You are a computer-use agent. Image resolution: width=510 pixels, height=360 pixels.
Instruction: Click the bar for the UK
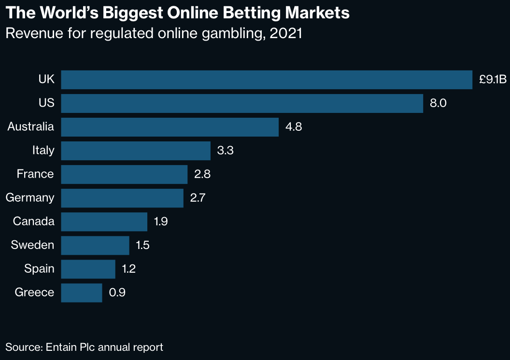(x=267, y=80)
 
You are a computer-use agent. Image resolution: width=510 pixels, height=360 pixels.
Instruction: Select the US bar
(x=242, y=103)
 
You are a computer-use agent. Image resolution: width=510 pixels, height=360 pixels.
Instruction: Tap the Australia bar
(x=170, y=127)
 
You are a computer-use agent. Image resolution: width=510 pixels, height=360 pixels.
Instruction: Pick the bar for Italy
(x=136, y=151)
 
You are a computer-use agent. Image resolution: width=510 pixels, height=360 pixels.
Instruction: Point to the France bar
(x=124, y=174)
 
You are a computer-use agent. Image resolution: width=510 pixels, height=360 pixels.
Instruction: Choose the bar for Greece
(x=82, y=292)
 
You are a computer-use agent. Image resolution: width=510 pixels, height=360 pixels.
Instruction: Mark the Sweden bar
(x=95, y=245)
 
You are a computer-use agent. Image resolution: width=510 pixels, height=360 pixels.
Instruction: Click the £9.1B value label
(x=492, y=80)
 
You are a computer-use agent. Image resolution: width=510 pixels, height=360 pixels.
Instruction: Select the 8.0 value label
(x=438, y=104)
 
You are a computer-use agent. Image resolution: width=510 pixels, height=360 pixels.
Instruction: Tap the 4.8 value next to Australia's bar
(x=294, y=127)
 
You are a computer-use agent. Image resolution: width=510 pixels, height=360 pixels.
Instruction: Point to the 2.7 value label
(x=198, y=198)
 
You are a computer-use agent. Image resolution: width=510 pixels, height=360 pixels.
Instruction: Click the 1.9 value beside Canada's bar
(x=161, y=222)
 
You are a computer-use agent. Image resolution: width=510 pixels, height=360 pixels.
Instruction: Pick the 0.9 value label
(x=117, y=292)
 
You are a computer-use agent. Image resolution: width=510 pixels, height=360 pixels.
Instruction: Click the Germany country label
(x=30, y=198)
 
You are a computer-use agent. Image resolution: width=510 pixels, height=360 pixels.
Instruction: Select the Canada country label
(x=34, y=222)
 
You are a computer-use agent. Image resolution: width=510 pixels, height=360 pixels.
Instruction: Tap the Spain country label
(x=39, y=269)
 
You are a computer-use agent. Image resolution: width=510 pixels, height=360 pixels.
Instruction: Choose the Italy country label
(x=43, y=151)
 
